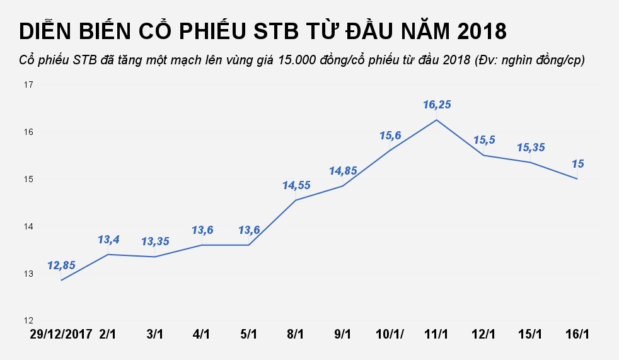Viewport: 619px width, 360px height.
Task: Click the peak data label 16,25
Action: pyautogui.click(x=437, y=105)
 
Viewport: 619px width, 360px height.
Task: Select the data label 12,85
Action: pyautogui.click(x=61, y=265)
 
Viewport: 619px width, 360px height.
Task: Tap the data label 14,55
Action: pyautogui.click(x=296, y=185)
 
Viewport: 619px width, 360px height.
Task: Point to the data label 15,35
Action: pyautogui.click(x=530, y=148)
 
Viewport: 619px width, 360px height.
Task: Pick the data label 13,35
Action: pyautogui.click(x=155, y=241)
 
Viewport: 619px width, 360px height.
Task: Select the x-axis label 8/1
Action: pyautogui.click(x=296, y=332)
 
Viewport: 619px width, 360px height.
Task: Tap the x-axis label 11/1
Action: pyautogui.click(x=437, y=332)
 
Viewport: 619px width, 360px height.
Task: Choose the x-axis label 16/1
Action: pyautogui.click(x=577, y=332)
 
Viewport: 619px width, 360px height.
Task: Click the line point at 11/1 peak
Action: pyautogui.click(x=437, y=120)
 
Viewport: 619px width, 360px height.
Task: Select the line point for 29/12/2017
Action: pyautogui.click(x=61, y=280)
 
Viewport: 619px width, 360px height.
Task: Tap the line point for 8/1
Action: pyautogui.click(x=296, y=200)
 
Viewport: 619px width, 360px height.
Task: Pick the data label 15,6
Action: pyautogui.click(x=390, y=136)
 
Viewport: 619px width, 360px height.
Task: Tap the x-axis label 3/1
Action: pyautogui.click(x=155, y=332)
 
